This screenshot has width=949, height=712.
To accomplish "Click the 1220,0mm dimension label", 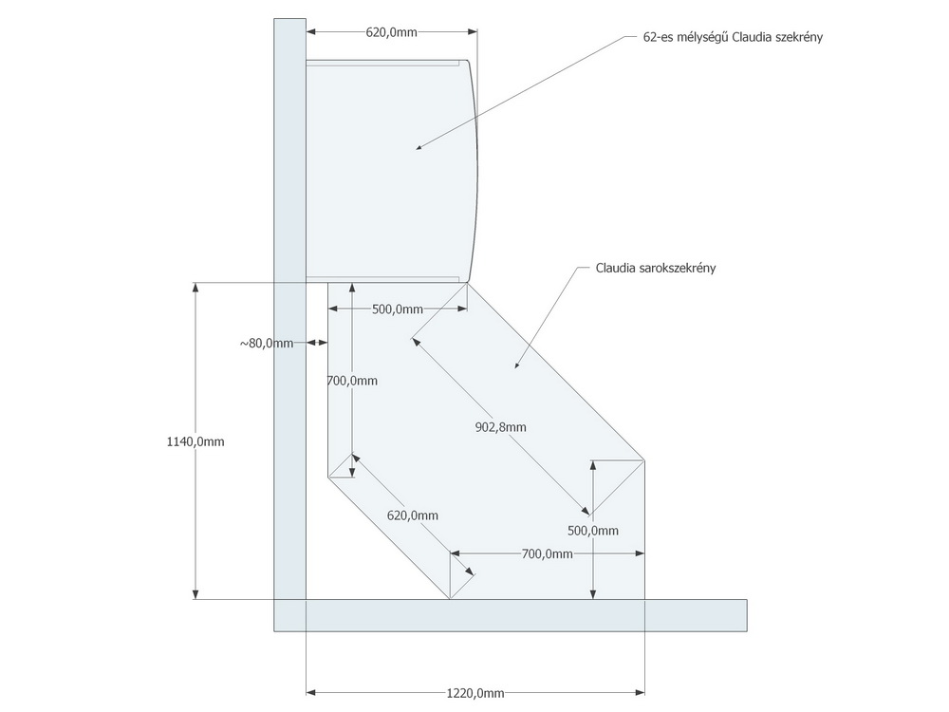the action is click(x=475, y=693).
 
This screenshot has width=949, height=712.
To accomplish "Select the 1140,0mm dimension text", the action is click(x=195, y=442).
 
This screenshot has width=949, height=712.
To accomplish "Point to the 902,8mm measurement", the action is click(x=500, y=427).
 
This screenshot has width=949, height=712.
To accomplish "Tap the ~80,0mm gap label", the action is click(x=267, y=344).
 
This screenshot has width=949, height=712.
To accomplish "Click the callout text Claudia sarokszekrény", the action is click(x=656, y=269).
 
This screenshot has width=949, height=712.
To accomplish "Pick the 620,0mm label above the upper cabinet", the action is click(x=391, y=32).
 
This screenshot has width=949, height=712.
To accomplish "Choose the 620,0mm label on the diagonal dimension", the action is click(x=412, y=515).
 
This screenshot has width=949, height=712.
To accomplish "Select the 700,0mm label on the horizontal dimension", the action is click(x=548, y=554).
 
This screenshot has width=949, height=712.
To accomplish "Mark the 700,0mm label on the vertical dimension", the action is click(x=352, y=381).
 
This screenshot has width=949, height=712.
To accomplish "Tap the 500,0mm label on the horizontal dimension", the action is click(x=397, y=309).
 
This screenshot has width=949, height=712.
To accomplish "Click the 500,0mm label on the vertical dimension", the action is click(x=593, y=531).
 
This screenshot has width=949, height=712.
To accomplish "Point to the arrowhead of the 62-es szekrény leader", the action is click(x=419, y=147).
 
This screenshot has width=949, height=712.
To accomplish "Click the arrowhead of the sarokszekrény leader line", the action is click(x=517, y=365).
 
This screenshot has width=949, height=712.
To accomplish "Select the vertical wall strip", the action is click(x=289, y=325).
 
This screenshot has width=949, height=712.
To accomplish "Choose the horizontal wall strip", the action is click(x=511, y=616).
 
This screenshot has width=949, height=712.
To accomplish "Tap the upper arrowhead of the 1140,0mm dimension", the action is click(x=195, y=288).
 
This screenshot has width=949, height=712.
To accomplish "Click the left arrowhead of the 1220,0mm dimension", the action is click(x=311, y=693).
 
